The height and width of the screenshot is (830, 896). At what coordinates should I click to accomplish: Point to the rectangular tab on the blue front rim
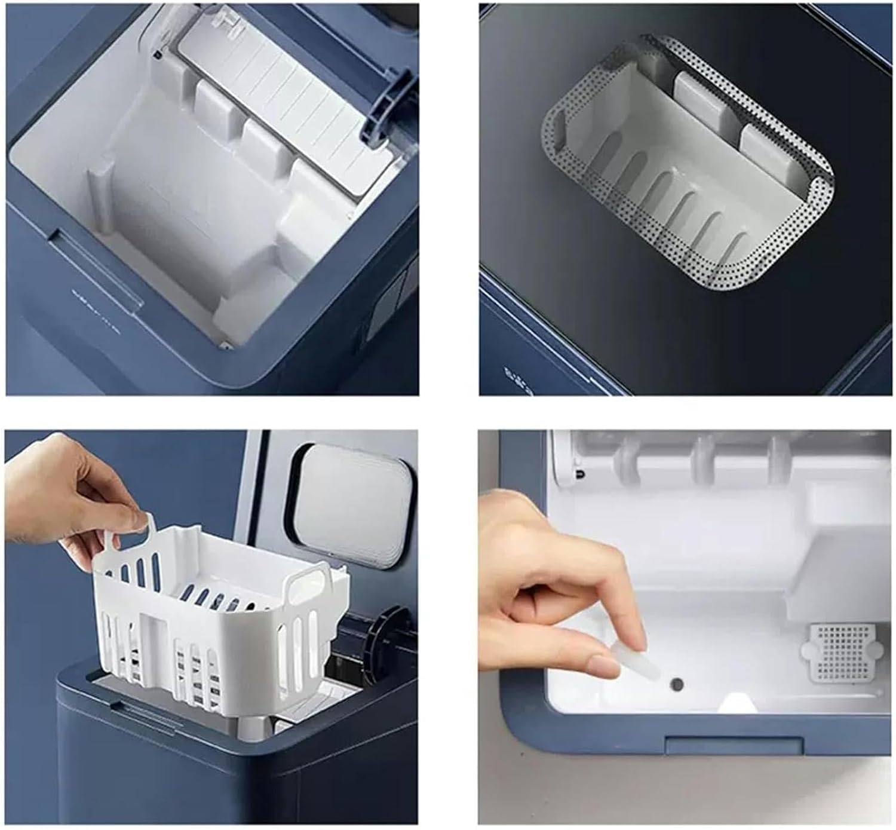click(x=734, y=745)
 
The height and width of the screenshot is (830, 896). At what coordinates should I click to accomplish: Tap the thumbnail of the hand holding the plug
click(x=597, y=627)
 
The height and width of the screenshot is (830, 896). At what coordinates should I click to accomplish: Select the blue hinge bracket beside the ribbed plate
click(x=389, y=108)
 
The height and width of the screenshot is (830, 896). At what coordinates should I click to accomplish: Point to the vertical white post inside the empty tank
click(x=100, y=197)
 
